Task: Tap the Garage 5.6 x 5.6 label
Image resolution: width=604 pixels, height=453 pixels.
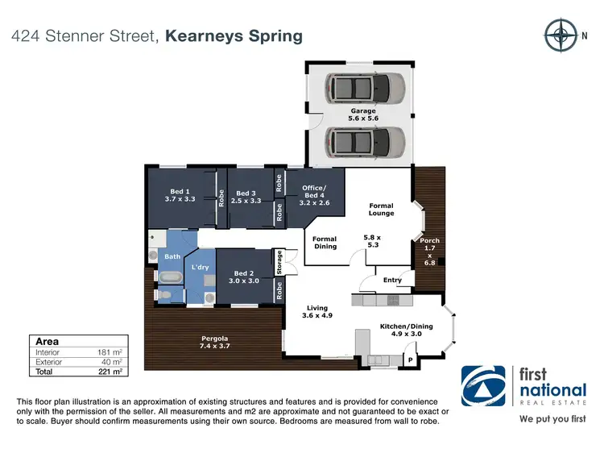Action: click(x=363, y=114)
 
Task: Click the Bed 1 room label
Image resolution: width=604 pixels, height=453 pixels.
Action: click(x=180, y=194)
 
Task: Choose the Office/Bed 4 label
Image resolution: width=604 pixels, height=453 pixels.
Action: click(x=313, y=194)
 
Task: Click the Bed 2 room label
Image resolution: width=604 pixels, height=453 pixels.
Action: click(x=245, y=277)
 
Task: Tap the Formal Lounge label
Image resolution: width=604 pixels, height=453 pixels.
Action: click(x=381, y=210)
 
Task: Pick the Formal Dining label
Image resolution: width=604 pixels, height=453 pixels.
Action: click(x=325, y=243)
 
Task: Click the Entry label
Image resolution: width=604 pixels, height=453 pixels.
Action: click(x=392, y=280)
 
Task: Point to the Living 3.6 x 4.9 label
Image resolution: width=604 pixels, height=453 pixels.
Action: click(x=316, y=311)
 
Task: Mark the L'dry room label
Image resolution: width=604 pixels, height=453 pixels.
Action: click(x=200, y=267)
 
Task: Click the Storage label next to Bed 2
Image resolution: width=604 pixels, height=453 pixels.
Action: click(x=279, y=262)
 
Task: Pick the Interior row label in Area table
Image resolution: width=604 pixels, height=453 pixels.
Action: click(x=48, y=352)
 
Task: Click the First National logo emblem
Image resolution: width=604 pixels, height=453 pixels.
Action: click(x=483, y=387)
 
